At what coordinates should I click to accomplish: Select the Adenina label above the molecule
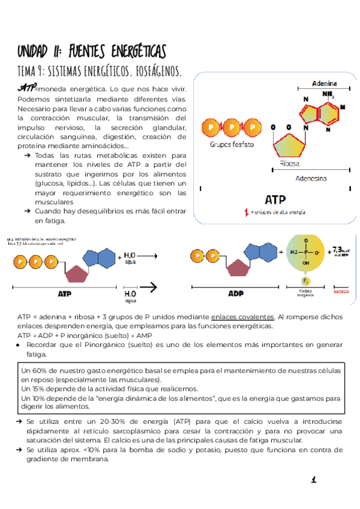(324, 83)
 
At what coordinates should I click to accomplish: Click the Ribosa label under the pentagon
(289, 163)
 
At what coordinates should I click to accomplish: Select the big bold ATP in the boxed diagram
(275, 199)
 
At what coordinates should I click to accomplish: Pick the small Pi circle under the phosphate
(305, 280)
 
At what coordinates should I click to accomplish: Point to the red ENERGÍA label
(341, 293)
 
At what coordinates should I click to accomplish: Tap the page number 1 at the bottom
(313, 479)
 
